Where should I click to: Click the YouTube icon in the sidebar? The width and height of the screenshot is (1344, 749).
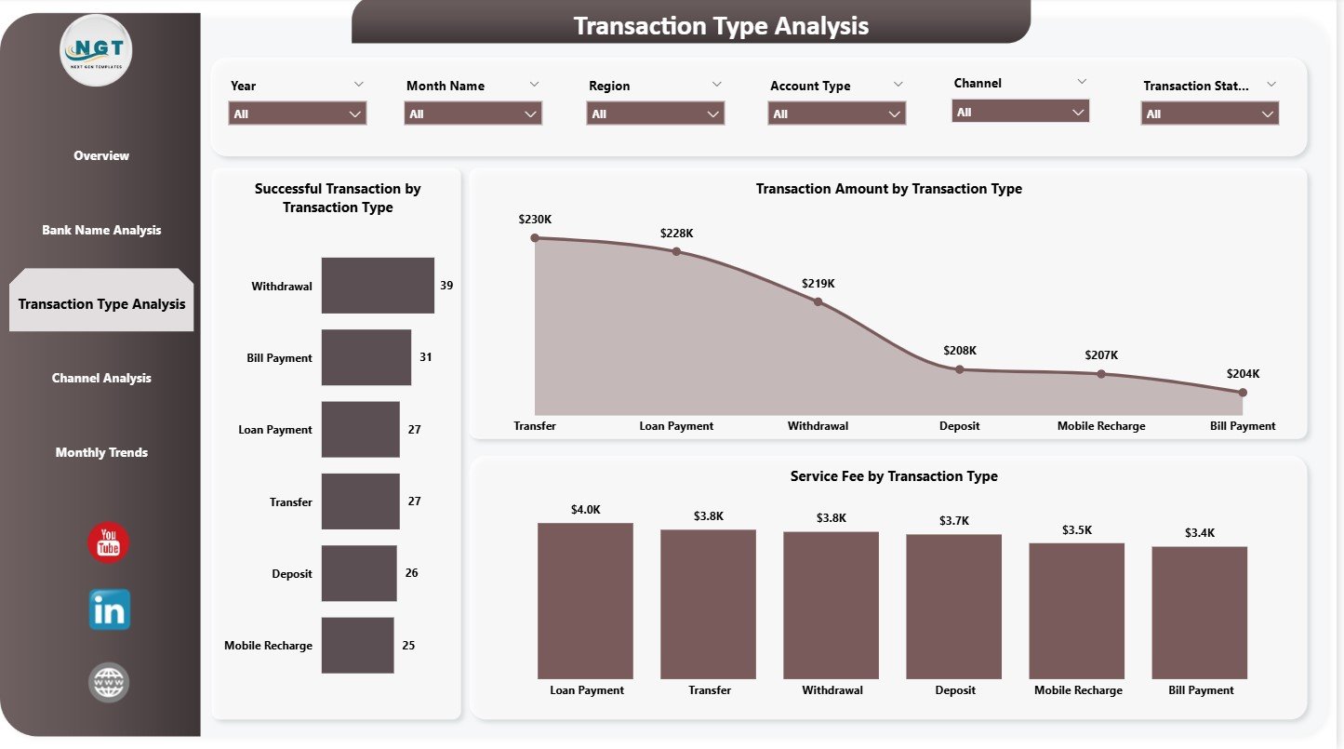click(x=109, y=543)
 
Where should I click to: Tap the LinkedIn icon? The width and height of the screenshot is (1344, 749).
click(x=109, y=610)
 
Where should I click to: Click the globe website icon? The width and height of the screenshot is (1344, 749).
click(x=109, y=683)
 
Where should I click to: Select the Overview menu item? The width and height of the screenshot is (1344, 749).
click(x=101, y=155)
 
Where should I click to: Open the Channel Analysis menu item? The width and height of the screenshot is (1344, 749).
click(x=101, y=378)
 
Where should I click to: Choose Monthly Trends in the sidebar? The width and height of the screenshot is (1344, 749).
click(x=101, y=452)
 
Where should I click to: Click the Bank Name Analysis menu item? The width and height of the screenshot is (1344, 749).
click(x=101, y=230)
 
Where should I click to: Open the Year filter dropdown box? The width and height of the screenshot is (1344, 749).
click(x=298, y=114)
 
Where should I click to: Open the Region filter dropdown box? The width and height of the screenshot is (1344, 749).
click(x=656, y=114)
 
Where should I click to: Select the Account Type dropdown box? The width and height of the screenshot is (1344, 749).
click(x=837, y=114)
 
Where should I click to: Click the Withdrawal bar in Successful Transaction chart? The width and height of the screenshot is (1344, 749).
click(x=378, y=286)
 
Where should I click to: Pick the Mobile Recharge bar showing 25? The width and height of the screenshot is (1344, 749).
click(x=357, y=645)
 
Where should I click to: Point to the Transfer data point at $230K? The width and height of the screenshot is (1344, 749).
click(x=535, y=237)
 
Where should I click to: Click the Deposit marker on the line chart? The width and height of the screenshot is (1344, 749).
click(x=960, y=369)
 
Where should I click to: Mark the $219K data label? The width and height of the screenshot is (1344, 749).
click(x=818, y=283)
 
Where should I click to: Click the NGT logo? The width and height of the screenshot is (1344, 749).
click(x=97, y=50)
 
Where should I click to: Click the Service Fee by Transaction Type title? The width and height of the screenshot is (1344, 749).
click(x=894, y=476)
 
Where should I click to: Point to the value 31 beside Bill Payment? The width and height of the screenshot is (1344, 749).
click(x=425, y=357)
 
